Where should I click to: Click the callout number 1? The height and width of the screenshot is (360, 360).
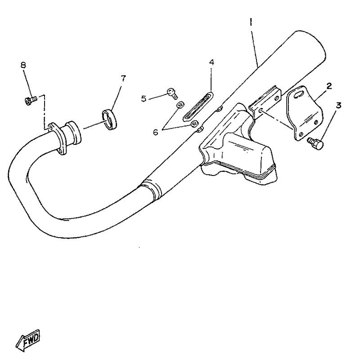pyautogui.click(x=251, y=22)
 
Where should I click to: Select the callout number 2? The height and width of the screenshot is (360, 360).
pyautogui.click(x=329, y=86)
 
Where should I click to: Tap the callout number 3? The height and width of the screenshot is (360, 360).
pyautogui.click(x=338, y=106)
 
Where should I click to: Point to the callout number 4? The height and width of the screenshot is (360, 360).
pyautogui.click(x=211, y=62)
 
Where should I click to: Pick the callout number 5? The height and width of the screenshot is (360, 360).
pyautogui.click(x=144, y=99)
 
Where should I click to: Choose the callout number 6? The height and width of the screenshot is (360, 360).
pyautogui.click(x=156, y=132)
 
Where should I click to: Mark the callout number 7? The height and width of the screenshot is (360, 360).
pyautogui.click(x=123, y=78)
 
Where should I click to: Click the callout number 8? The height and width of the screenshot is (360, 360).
pyautogui.click(x=23, y=65)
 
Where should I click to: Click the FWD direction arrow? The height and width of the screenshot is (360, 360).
pyautogui.click(x=28, y=341)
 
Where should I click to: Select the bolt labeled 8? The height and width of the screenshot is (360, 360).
pyautogui.click(x=30, y=100)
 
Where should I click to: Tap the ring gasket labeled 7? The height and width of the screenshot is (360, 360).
pyautogui.click(x=109, y=120)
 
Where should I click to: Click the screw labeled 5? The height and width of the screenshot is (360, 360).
pyautogui.click(x=172, y=93)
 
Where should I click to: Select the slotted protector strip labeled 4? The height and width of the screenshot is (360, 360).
pyautogui.click(x=198, y=107)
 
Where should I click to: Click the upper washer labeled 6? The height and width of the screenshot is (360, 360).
pyautogui.click(x=180, y=105)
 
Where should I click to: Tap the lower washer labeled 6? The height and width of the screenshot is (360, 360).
pyautogui.click(x=194, y=124)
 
